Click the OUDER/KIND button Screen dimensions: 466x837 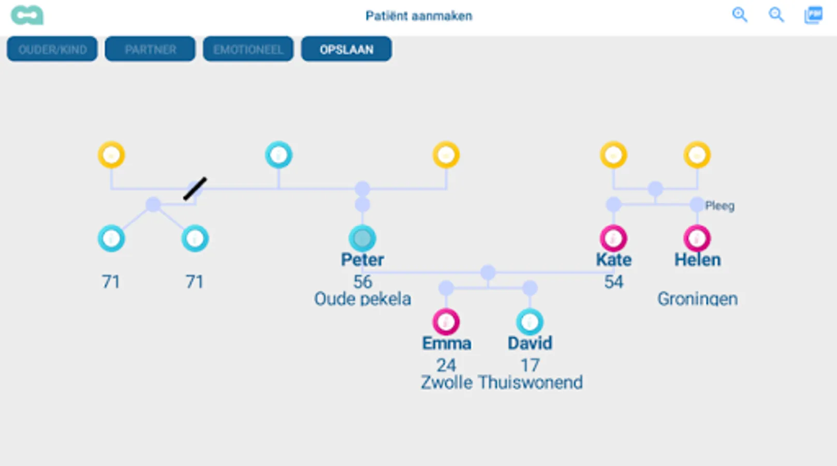point(52,49)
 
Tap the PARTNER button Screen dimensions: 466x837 point(150,49)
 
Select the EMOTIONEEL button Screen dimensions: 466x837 point(248,49)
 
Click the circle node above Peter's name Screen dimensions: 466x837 point(362,238)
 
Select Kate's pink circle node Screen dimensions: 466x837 point(613,238)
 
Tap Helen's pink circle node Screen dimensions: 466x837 point(697,238)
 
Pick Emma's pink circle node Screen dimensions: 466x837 point(446,322)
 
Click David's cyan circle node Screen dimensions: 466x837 point(530,322)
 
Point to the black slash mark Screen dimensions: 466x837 point(195,188)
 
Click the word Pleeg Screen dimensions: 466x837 point(719,206)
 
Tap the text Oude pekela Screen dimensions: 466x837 point(362,299)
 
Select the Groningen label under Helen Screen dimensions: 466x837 point(697,299)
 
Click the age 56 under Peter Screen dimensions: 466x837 point(362,282)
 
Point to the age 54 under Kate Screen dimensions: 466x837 point(613,282)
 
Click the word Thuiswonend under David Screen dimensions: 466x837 point(530,382)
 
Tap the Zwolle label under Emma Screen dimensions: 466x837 point(446,382)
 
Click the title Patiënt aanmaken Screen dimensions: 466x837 point(419,16)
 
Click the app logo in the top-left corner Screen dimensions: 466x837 point(27,16)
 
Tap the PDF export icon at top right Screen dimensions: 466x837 point(813,15)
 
